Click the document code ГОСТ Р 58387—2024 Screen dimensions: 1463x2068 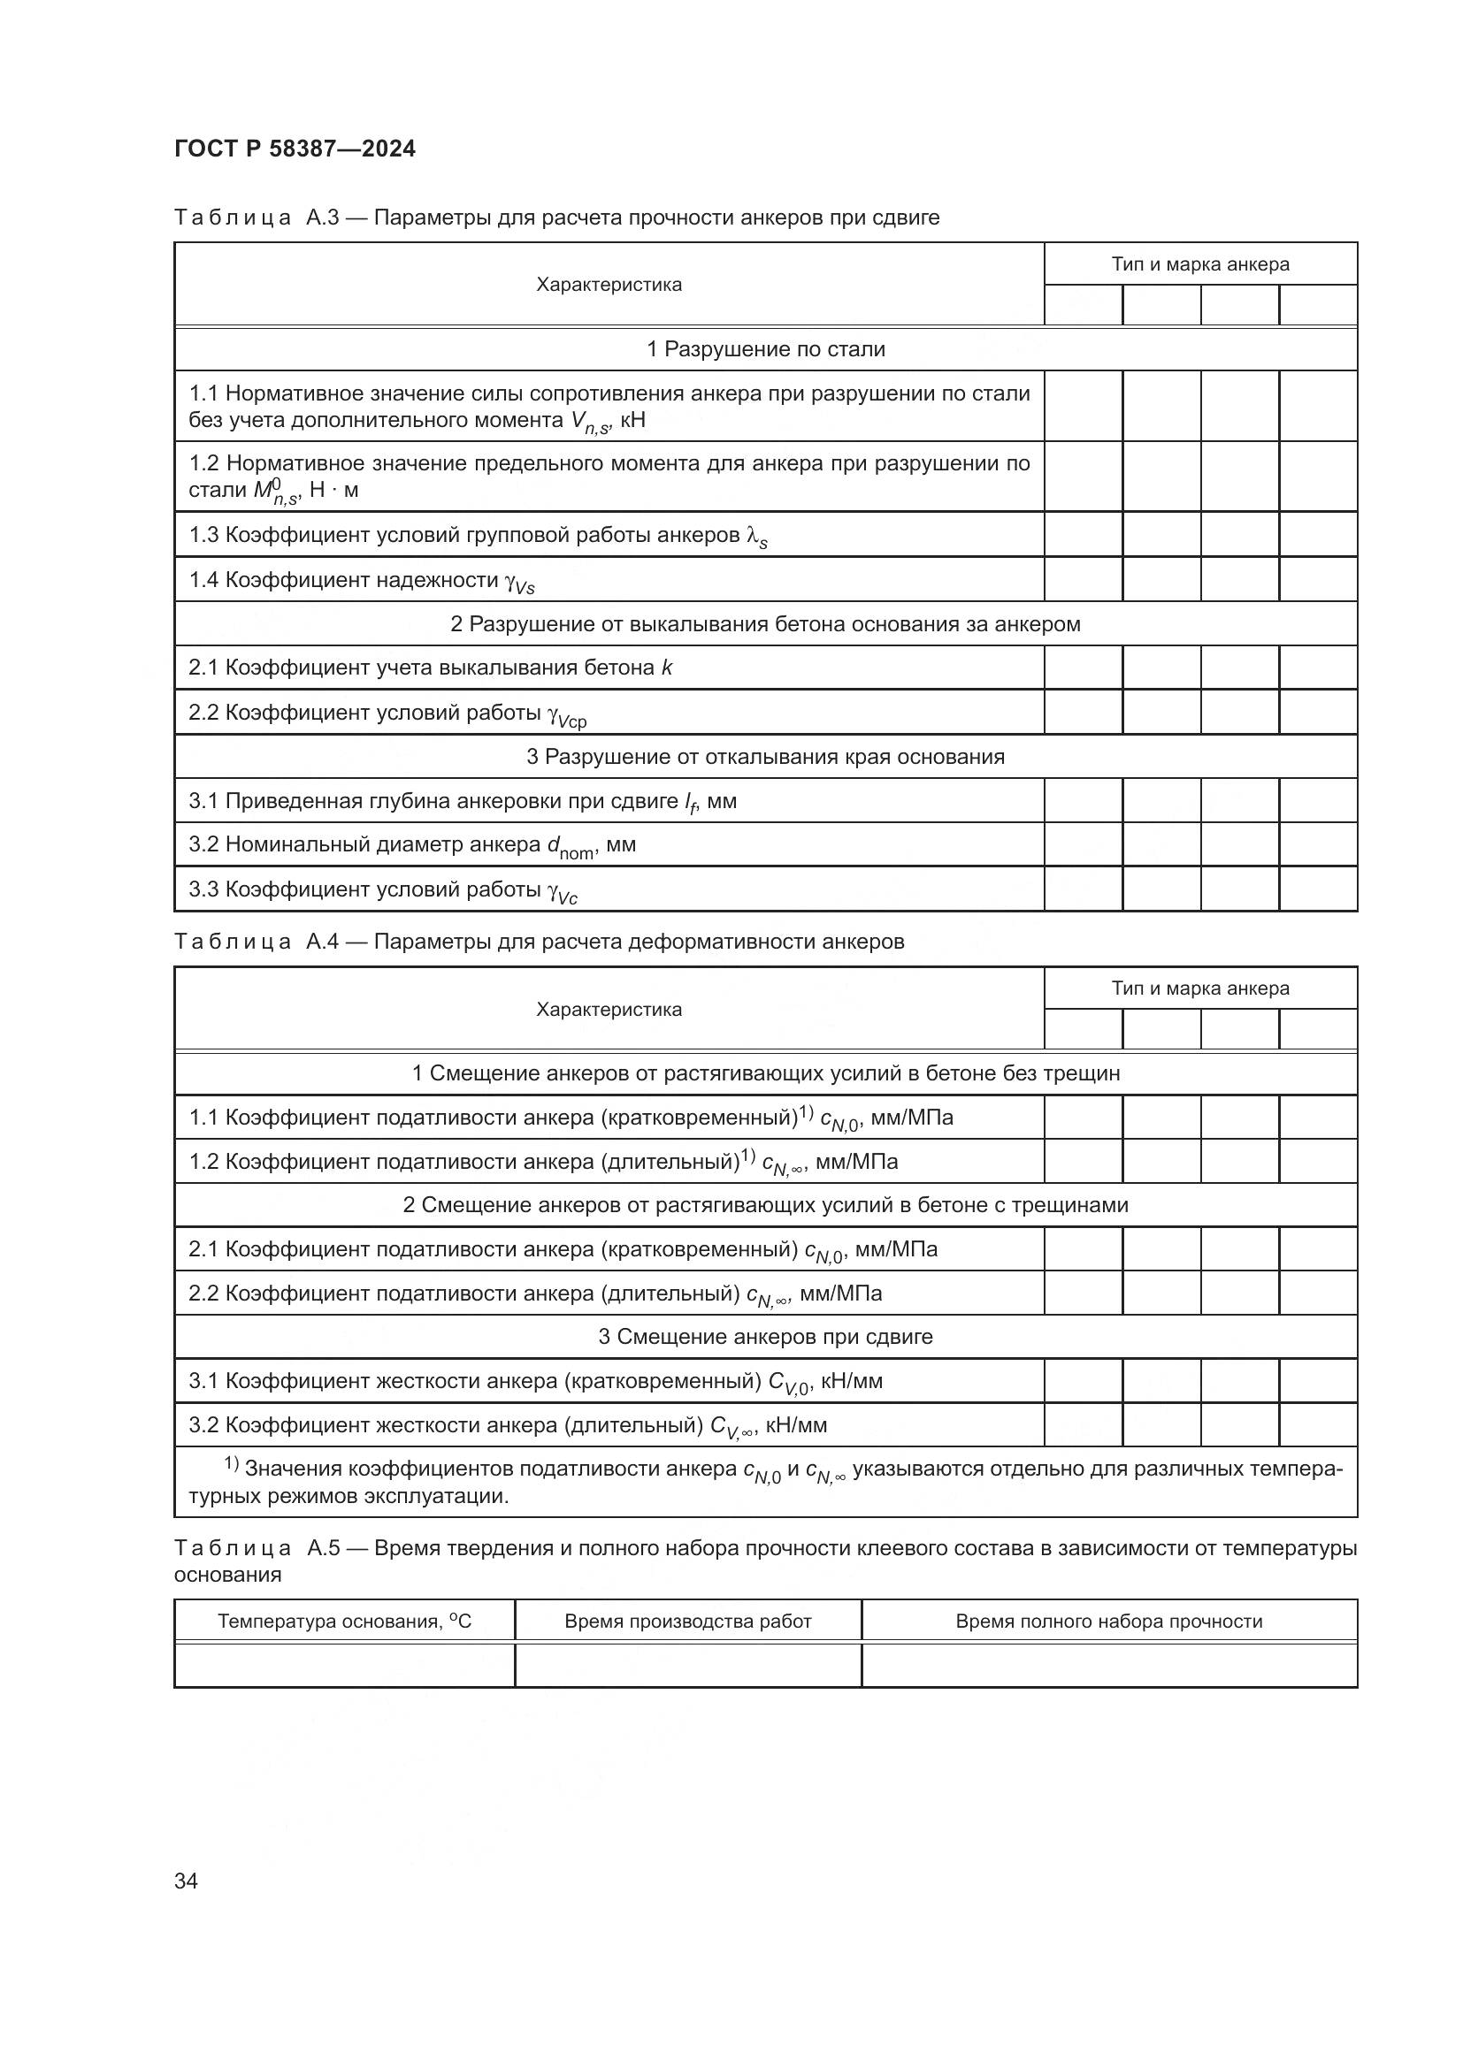(295, 149)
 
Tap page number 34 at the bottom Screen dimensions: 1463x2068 (186, 1881)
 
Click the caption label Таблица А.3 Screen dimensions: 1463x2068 (256, 218)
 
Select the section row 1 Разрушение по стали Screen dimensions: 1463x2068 (766, 349)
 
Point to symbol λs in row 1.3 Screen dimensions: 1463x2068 (757, 537)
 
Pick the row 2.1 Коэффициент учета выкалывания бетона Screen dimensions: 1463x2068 (430, 668)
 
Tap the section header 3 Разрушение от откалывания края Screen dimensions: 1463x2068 (766, 757)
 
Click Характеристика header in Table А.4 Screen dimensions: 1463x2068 (609, 1010)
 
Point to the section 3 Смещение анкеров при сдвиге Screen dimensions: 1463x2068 (766, 1337)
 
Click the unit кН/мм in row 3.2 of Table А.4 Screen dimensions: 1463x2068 (795, 1425)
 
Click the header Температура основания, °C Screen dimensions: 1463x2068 (344, 1622)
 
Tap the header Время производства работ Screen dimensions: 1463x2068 (687, 1622)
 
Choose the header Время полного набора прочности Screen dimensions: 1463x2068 (1108, 1622)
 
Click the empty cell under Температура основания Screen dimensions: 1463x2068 (344, 1665)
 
